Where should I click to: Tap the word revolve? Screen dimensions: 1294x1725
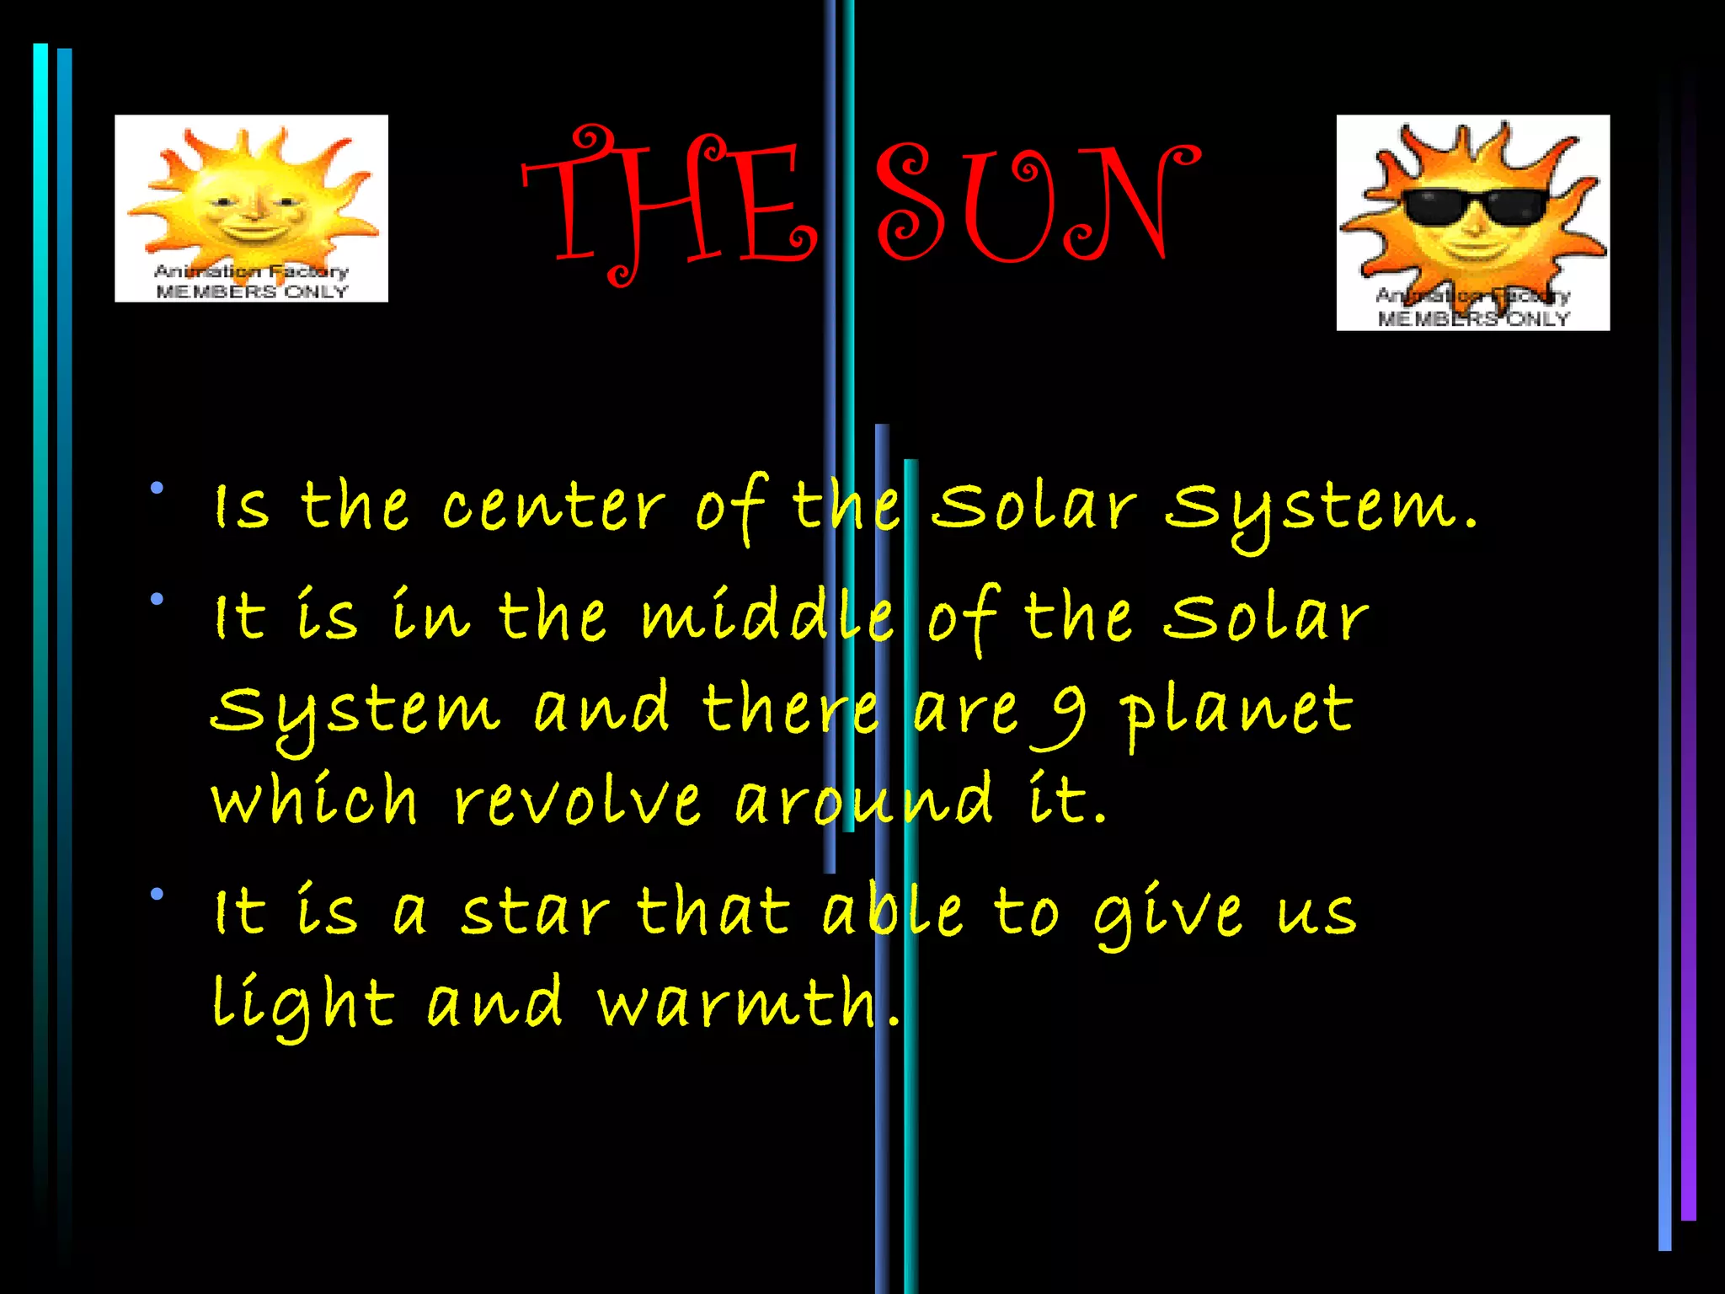click(x=577, y=800)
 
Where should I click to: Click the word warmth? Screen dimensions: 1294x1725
click(x=737, y=1003)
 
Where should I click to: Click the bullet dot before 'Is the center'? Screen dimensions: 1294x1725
click(x=158, y=488)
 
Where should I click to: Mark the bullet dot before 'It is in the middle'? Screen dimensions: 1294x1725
click(x=158, y=600)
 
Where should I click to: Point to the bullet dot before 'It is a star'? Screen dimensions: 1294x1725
click(x=158, y=895)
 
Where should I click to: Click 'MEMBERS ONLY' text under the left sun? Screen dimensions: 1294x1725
click(x=252, y=291)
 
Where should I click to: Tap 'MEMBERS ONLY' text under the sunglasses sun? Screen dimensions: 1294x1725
click(x=1473, y=318)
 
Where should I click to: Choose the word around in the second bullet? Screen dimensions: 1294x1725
click(x=863, y=800)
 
